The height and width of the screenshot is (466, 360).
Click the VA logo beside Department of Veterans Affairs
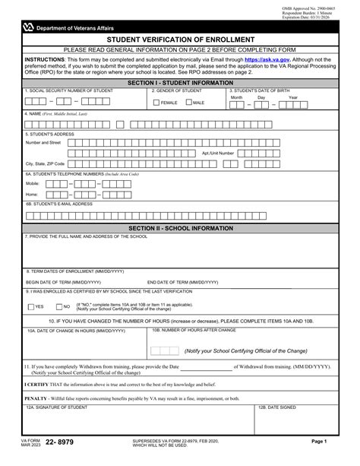click(28, 27)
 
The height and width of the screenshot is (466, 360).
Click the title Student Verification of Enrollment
click(180, 39)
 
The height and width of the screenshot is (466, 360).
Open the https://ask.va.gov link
click(266, 59)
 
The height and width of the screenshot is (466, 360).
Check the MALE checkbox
click(188, 102)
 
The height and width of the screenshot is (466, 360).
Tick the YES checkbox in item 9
click(30, 306)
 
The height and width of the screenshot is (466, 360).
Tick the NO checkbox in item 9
click(57, 306)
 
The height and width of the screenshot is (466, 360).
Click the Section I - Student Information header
click(180, 81)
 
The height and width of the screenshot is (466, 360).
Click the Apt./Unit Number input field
click(286, 153)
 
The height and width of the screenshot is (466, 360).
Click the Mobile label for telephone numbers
click(33, 183)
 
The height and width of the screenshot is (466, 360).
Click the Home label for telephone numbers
click(32, 194)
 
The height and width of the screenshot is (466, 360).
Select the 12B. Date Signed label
click(276, 407)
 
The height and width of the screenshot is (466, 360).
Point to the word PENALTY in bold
click(36, 397)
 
